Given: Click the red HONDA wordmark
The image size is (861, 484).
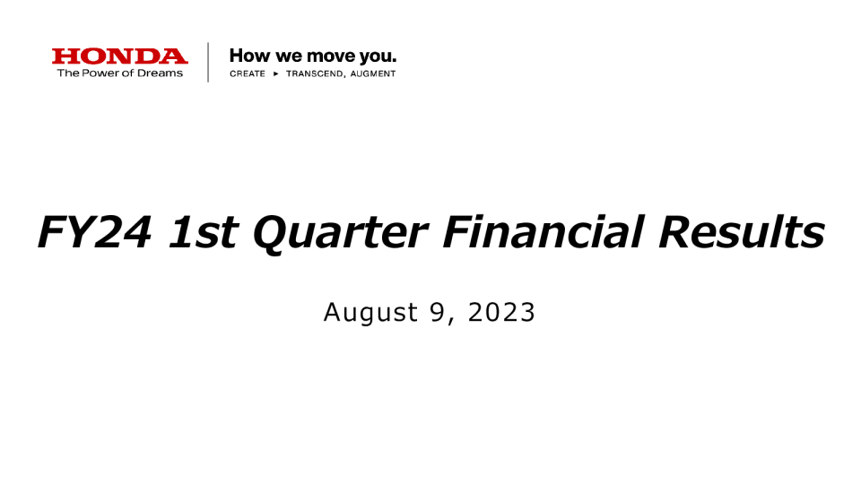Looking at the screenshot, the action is point(119,56).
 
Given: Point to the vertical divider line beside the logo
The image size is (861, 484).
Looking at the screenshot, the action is point(208,62).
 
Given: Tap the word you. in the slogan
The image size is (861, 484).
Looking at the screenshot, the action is point(378,57).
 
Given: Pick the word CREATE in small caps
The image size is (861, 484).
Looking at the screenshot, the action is point(248,73).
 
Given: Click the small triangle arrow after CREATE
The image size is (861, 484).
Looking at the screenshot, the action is point(276,73).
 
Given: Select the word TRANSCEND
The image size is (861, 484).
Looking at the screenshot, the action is point(317,73).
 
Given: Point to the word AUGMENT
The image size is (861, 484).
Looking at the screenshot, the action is point(373,73).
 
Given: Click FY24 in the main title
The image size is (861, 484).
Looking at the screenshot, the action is point(94,232).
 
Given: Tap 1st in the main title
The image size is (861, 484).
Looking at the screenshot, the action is point(203,232).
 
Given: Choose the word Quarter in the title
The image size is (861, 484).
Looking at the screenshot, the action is point(340,234).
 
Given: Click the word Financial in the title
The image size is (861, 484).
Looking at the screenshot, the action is point(544,231).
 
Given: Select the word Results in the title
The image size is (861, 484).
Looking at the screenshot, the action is point(742,231).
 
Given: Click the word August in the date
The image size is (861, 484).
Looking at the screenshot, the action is point(370,314).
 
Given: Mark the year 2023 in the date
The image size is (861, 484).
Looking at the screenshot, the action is point(500,312).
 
